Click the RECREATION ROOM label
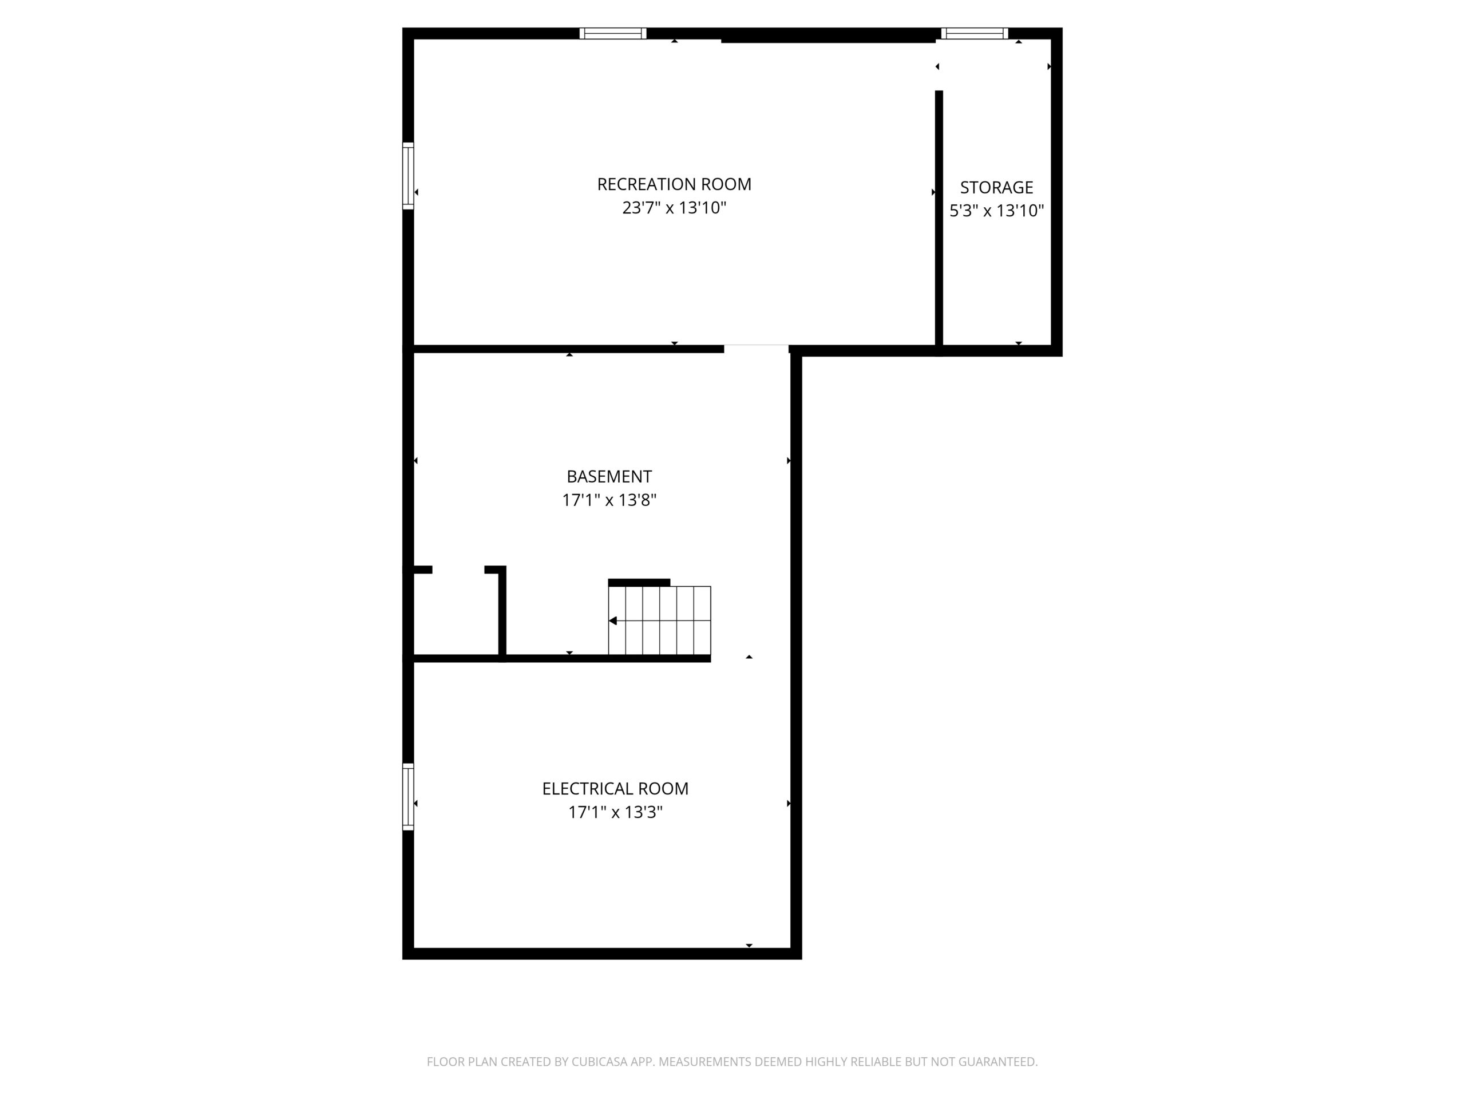(674, 184)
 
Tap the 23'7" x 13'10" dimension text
(674, 208)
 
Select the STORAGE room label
(996, 188)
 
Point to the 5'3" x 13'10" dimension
(996, 211)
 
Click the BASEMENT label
(609, 476)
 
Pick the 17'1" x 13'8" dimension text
(609, 500)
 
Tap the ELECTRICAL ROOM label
(615, 788)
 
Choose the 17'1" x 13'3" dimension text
(615, 812)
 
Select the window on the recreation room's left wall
(408, 176)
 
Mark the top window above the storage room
(974, 33)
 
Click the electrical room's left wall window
(408, 796)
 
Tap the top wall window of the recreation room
(613, 33)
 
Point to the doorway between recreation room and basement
(756, 349)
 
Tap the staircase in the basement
(660, 620)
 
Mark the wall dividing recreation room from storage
(939, 218)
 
